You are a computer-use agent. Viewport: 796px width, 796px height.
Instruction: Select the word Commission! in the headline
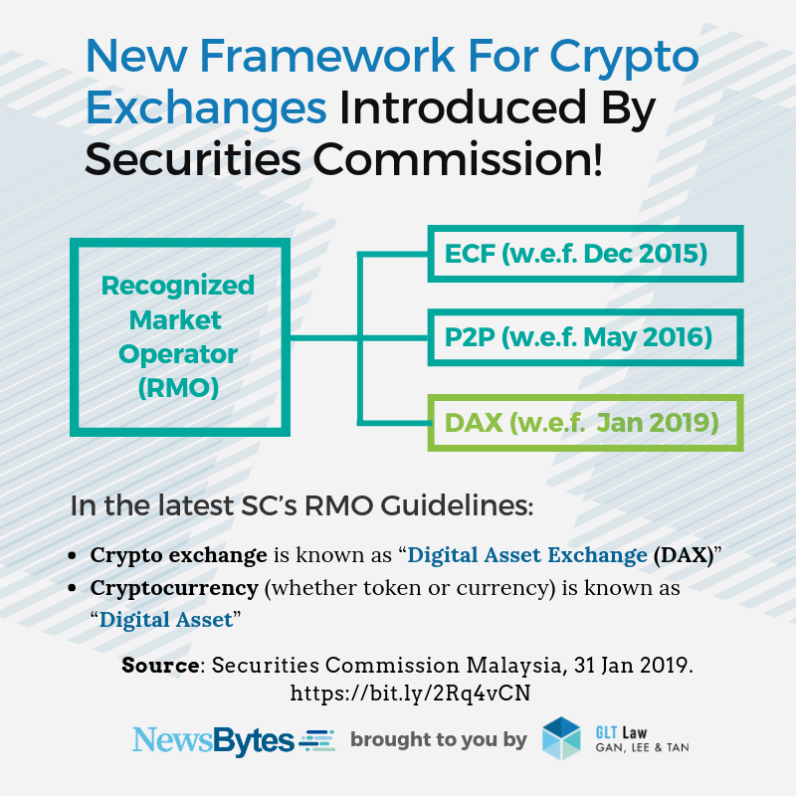pyautogui.click(x=458, y=160)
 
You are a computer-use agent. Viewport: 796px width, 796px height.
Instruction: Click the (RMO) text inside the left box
pyautogui.click(x=179, y=388)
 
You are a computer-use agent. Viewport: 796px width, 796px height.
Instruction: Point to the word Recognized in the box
pyautogui.click(x=178, y=286)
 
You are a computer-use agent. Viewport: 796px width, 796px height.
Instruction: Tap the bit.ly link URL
pyautogui.click(x=410, y=693)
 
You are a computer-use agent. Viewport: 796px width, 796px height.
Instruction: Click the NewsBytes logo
pyautogui.click(x=234, y=740)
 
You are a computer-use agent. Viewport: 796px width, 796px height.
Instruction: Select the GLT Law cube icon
pyautogui.click(x=561, y=738)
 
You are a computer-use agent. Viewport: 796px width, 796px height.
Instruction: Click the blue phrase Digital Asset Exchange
pyautogui.click(x=527, y=555)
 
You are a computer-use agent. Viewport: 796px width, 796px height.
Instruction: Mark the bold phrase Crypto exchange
pyautogui.click(x=179, y=555)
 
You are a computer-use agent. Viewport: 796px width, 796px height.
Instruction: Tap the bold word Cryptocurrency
pyautogui.click(x=174, y=588)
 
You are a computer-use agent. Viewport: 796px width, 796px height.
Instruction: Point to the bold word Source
pyautogui.click(x=161, y=665)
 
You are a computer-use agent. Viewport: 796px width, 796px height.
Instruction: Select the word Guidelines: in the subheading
pyautogui.click(x=457, y=506)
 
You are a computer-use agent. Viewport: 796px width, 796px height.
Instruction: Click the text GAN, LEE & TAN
pyautogui.click(x=642, y=748)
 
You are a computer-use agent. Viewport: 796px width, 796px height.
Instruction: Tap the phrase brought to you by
pyautogui.click(x=439, y=740)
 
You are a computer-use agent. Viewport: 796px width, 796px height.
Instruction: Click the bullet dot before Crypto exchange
pyautogui.click(x=72, y=556)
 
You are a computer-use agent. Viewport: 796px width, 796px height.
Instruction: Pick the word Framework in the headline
pyautogui.click(x=327, y=56)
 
